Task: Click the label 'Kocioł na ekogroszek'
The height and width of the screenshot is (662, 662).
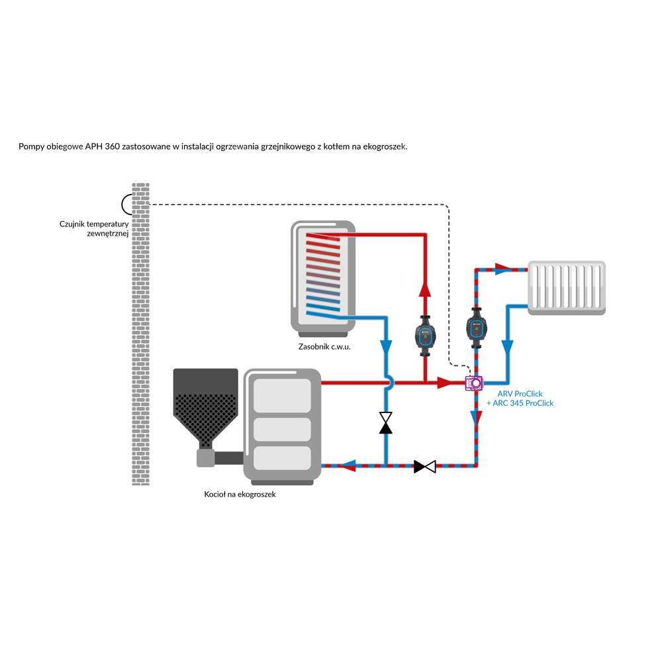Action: (x=240, y=495)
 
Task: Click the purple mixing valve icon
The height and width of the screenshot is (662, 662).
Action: (x=474, y=382)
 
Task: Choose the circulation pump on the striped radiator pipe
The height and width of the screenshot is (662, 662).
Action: (x=475, y=326)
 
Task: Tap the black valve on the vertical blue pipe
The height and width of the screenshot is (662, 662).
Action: (x=385, y=422)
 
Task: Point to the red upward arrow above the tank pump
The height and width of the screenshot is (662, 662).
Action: (x=424, y=290)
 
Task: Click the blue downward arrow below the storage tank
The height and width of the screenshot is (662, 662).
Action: (x=385, y=347)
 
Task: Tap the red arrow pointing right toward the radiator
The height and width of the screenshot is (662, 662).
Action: (x=503, y=268)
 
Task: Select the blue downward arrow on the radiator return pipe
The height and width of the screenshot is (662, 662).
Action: (x=508, y=347)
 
